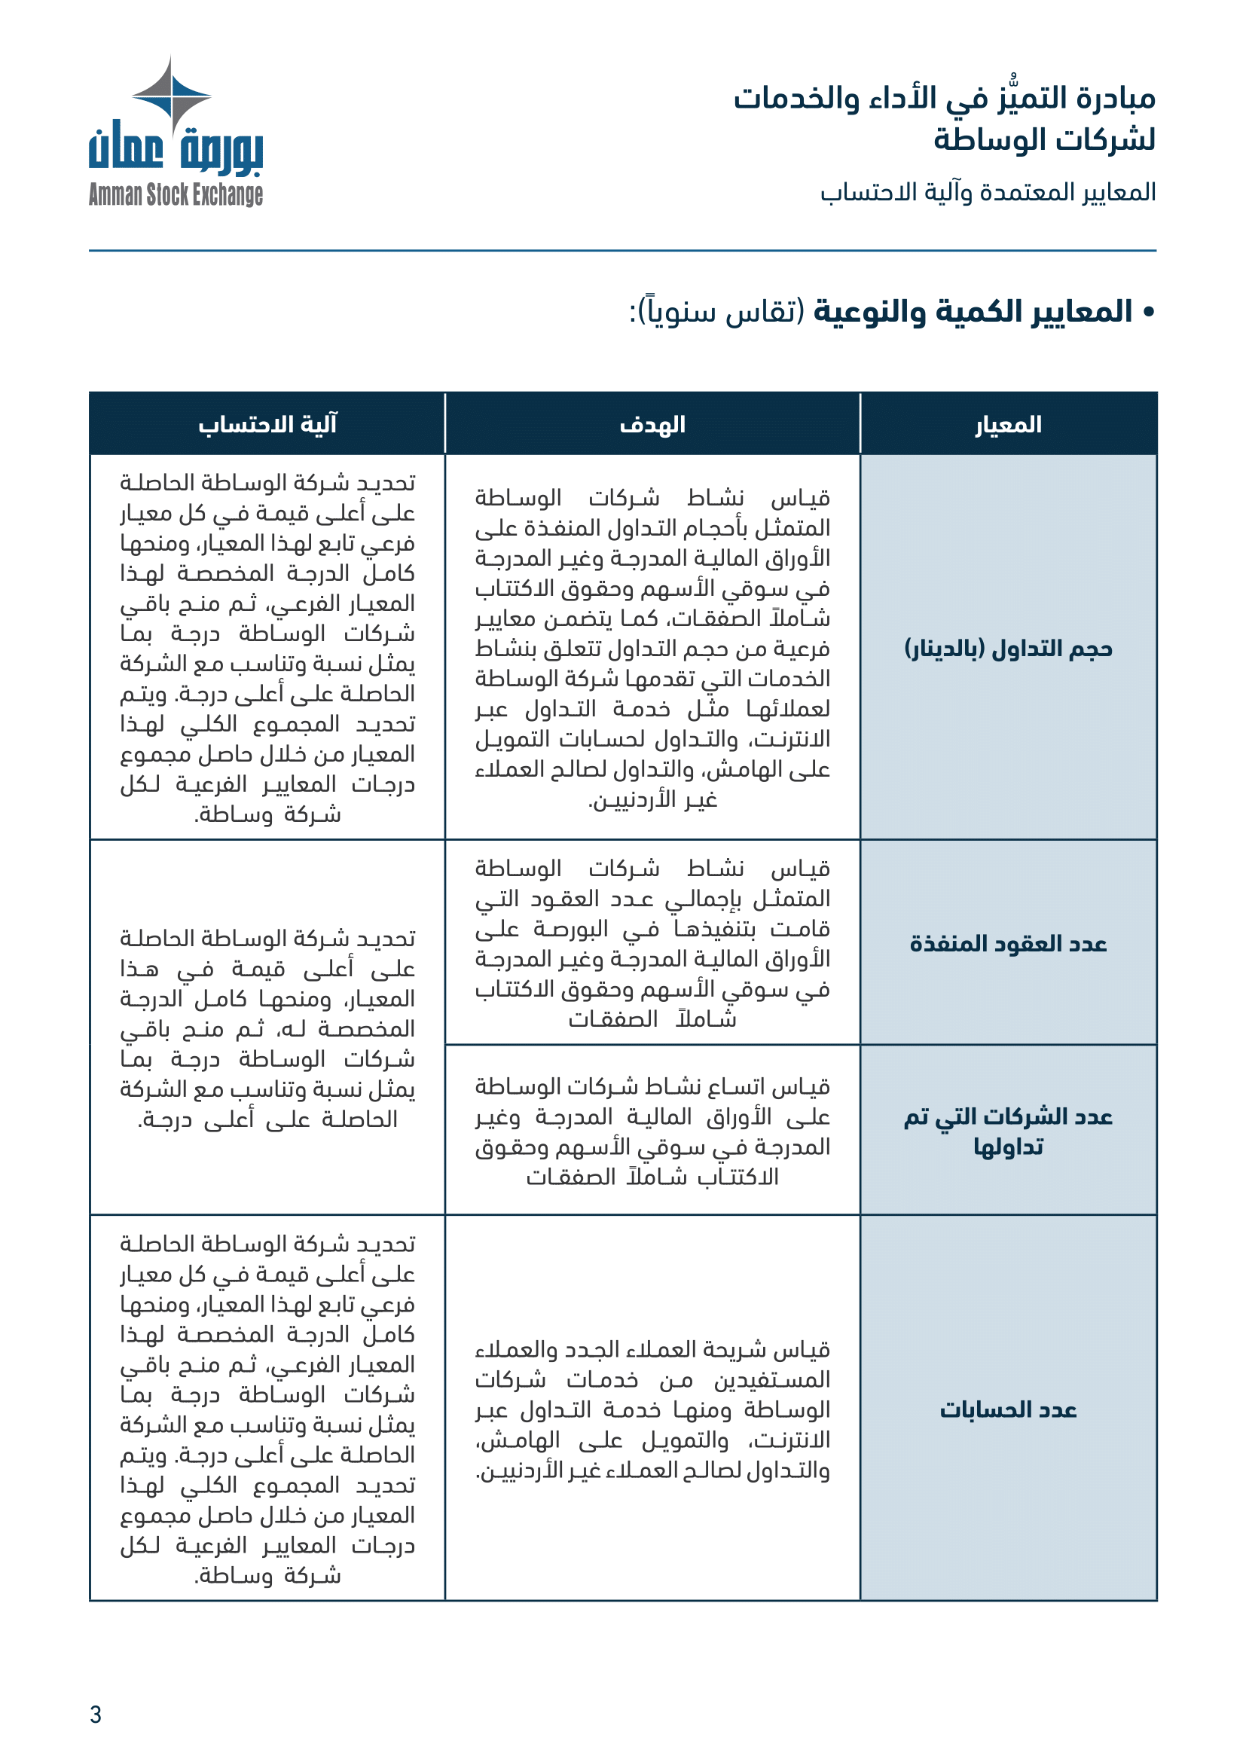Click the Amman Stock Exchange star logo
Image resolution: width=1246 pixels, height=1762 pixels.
(x=171, y=95)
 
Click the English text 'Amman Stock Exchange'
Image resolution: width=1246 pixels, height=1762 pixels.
(x=176, y=195)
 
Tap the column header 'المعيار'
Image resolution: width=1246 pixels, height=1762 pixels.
(x=1008, y=424)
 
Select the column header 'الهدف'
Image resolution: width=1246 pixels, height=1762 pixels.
(x=652, y=424)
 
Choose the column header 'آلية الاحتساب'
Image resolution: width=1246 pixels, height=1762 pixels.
(x=267, y=424)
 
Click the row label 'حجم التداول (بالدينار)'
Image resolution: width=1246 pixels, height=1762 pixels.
(x=1008, y=649)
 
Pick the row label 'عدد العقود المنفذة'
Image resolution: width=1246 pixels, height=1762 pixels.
(x=1008, y=943)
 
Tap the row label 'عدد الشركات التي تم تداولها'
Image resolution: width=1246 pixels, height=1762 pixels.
(x=1008, y=1131)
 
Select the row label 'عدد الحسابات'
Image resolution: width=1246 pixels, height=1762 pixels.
(x=1008, y=1409)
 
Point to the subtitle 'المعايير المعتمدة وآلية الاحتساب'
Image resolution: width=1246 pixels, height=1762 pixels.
(x=988, y=192)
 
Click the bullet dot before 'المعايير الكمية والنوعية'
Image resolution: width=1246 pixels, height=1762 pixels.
(x=1149, y=313)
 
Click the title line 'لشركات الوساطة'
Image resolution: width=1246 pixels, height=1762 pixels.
(x=1044, y=139)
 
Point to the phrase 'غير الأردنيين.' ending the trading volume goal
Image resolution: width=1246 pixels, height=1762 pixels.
(x=652, y=801)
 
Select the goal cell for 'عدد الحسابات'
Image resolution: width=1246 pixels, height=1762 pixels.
(x=652, y=1409)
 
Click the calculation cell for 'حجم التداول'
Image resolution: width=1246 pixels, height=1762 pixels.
(x=267, y=648)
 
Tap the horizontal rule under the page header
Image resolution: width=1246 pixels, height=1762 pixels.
(x=622, y=251)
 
